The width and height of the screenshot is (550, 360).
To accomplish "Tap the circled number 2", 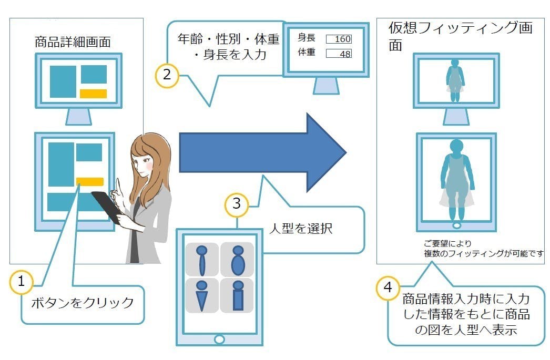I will [167, 75].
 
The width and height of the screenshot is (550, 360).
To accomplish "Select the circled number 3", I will [236, 203].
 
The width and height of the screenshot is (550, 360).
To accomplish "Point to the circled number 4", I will [388, 288].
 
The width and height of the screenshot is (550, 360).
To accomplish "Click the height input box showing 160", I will [339, 39].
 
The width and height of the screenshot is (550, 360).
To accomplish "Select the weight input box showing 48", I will [339, 53].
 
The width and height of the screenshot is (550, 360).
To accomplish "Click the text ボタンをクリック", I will [83, 303].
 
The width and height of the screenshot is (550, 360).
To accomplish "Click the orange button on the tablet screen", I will [89, 182].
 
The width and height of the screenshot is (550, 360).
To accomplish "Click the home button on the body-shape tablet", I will [219, 338].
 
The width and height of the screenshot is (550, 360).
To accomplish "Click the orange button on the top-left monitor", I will [93, 94].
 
